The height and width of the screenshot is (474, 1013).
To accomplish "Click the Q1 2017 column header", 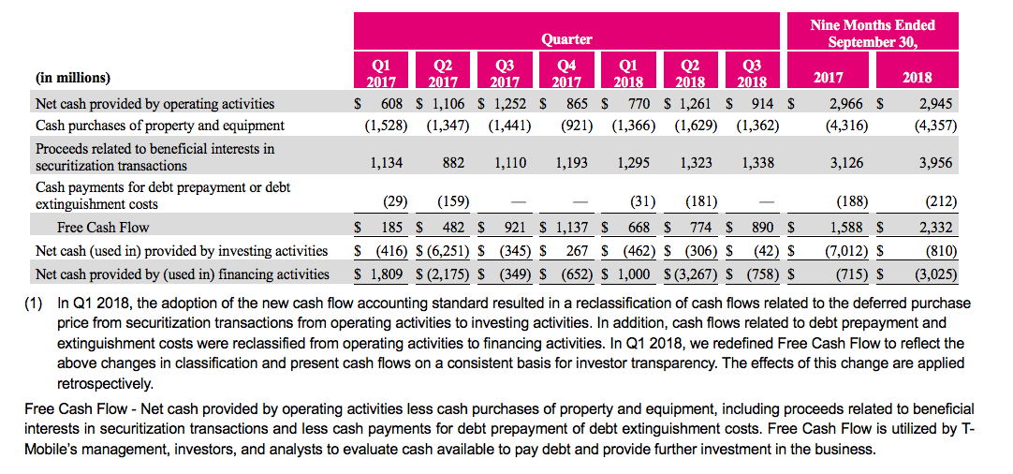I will pos(380,73).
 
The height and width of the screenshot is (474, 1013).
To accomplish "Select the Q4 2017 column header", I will pos(566,73).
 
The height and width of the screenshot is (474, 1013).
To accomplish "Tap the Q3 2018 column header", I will pos(751,73).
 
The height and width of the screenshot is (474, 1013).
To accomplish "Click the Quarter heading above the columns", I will pos(566,38).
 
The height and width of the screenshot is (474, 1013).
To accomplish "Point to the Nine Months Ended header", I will pos(872,34).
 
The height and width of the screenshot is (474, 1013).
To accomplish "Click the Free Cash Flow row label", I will pos(103,227).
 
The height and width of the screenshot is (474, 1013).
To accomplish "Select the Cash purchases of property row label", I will pos(160,125).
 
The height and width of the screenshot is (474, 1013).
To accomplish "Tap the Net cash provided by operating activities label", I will pos(155,103).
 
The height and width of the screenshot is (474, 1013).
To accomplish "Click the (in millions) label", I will pos(72,78).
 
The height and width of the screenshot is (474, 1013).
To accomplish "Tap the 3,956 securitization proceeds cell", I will pos(932,162).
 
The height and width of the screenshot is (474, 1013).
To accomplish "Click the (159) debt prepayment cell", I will pos(453,201).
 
